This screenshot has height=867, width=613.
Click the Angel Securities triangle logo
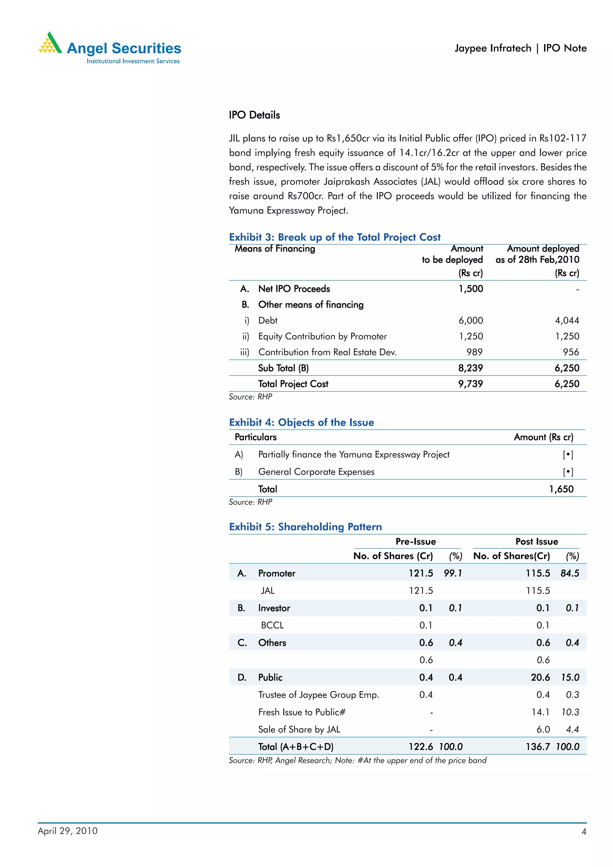50,43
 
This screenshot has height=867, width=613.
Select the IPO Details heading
254,115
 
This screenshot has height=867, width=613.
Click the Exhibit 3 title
335,237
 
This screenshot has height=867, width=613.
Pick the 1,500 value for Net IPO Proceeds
471,289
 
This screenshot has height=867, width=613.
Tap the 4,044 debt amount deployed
567,321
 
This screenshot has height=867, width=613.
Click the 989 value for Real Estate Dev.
474,352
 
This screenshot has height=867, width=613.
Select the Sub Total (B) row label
283,368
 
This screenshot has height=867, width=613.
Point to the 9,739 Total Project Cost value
471,384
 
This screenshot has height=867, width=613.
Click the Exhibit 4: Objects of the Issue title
301,422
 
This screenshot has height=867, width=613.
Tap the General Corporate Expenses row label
316,472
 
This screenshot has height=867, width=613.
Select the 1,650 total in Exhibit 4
561,489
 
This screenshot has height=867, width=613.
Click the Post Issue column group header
536,542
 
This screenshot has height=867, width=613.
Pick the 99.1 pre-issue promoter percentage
453,574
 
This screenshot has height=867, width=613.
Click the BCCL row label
272,626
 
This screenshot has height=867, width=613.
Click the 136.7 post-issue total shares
538,747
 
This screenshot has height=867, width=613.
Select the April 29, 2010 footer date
68,831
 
